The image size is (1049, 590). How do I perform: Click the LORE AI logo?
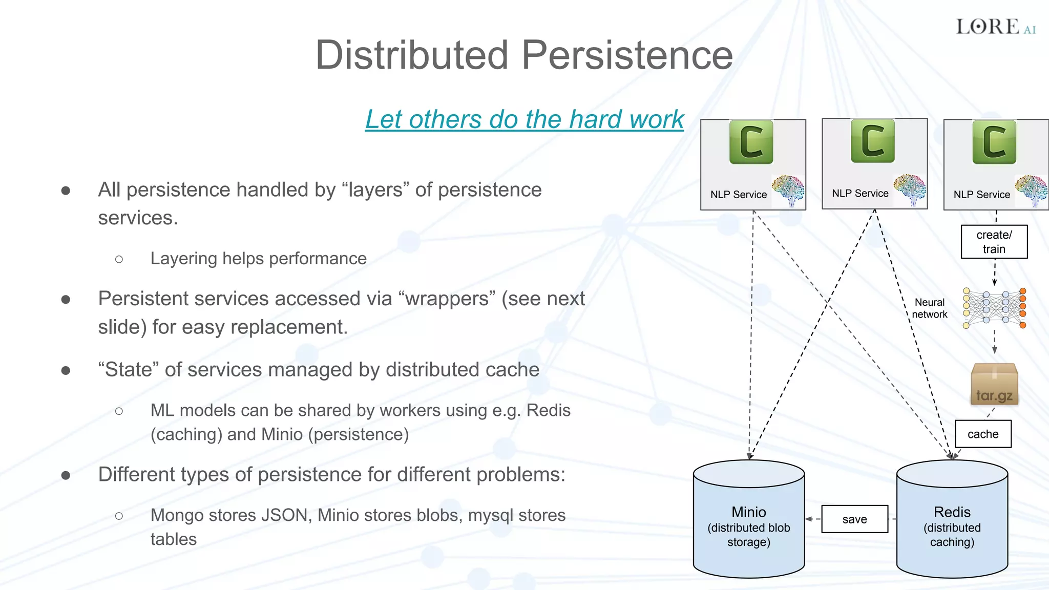pos(995,27)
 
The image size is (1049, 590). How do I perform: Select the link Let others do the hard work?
pos(524,119)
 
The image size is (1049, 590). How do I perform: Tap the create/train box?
pos(994,242)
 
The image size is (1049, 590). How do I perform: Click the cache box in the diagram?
pos(982,434)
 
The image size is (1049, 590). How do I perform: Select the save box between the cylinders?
pos(854,519)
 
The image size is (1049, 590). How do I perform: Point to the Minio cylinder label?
pos(748,512)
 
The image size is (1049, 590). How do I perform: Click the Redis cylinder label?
pos(952,512)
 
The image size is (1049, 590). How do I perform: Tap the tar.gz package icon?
pos(994,384)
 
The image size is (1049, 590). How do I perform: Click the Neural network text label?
pos(929,308)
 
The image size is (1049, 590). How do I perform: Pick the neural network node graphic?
pos(994,308)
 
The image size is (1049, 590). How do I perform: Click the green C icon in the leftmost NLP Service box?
pos(751,142)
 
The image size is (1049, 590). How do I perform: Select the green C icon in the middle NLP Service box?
pos(872,141)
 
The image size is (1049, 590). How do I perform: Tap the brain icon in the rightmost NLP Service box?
pos(1031,190)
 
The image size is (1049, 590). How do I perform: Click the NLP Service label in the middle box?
pos(860,194)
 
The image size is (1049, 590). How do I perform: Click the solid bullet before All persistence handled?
pos(66,191)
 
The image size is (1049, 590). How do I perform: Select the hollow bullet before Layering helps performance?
pos(119,259)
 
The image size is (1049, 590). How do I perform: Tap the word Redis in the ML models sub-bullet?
pos(548,410)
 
